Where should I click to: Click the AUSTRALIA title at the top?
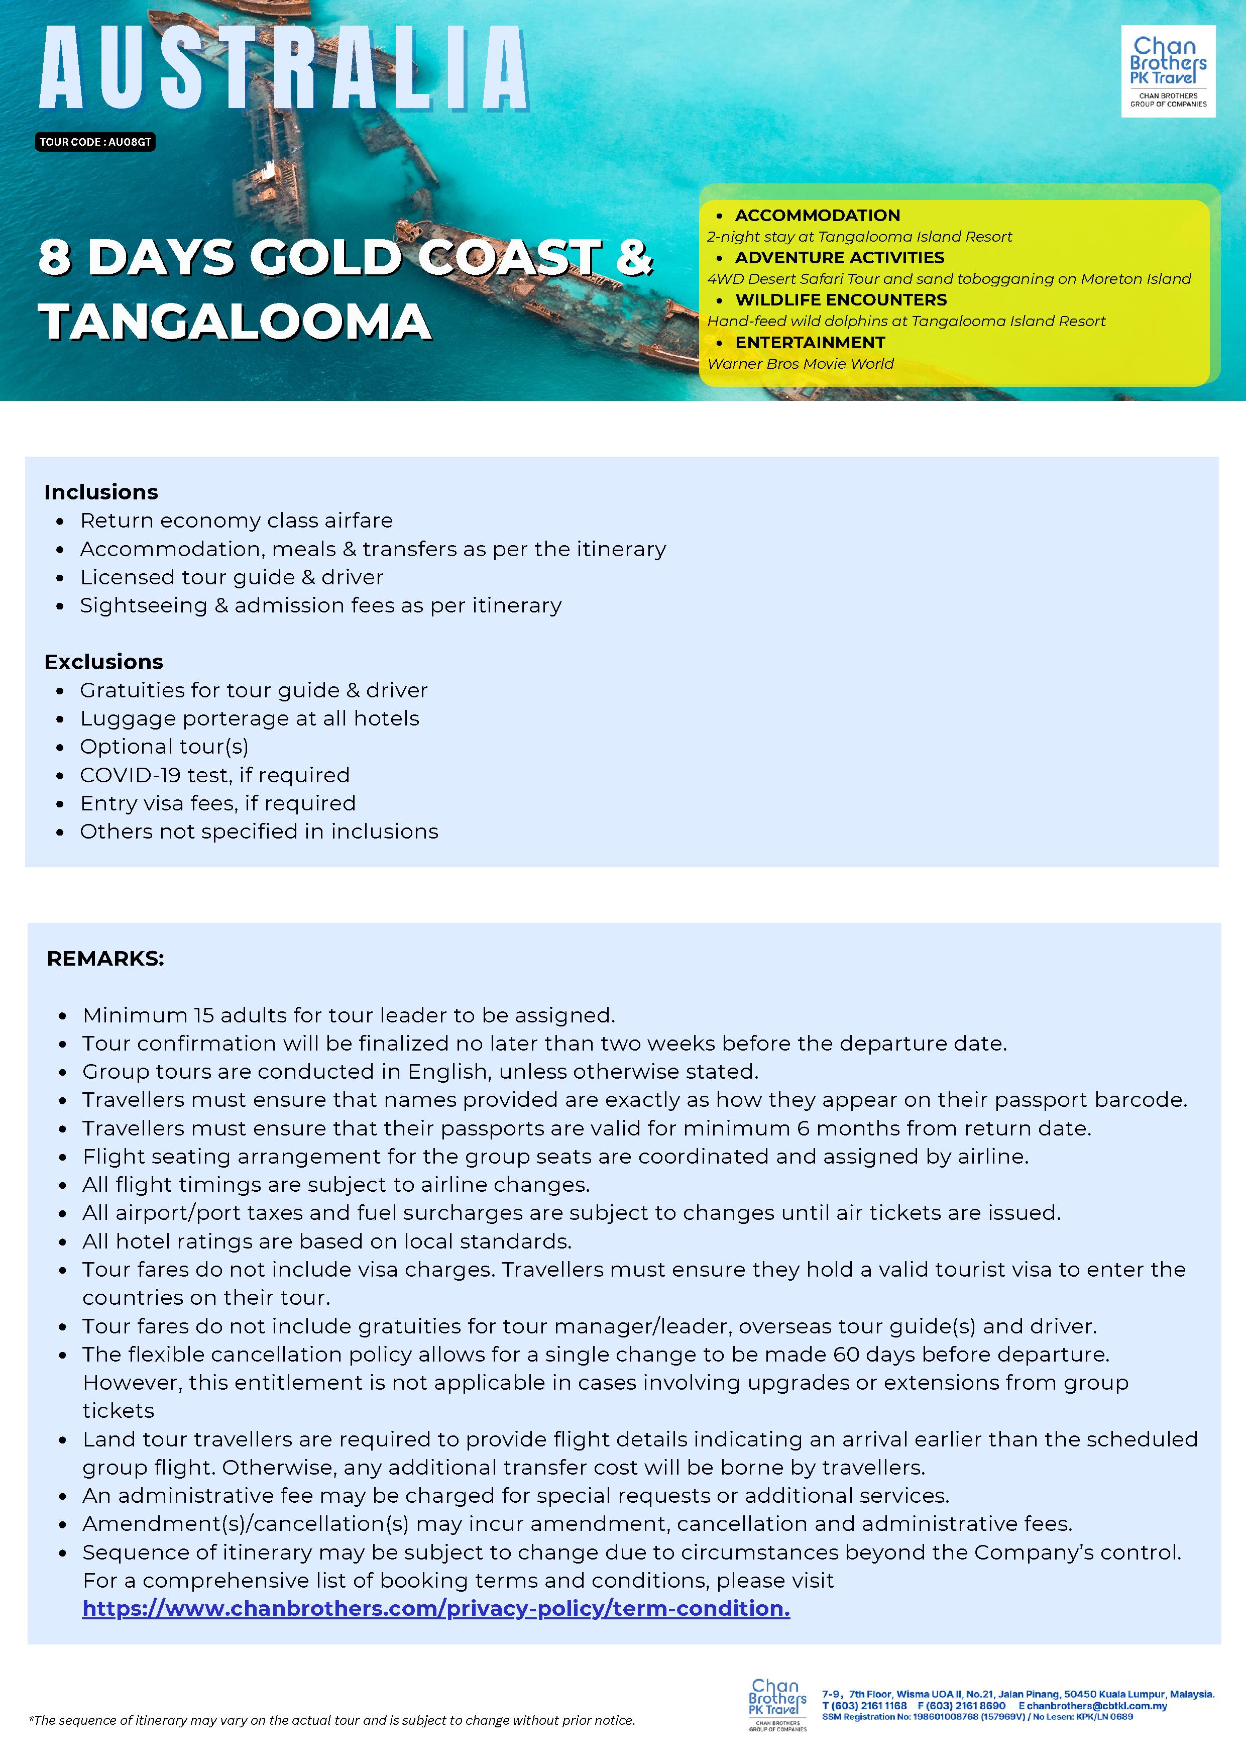(284, 69)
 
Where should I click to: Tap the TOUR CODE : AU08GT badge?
(95, 142)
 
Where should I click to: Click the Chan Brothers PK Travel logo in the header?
(1168, 71)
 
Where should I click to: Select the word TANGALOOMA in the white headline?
(235, 321)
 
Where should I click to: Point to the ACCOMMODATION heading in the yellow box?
(817, 216)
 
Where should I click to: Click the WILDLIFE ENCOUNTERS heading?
(841, 300)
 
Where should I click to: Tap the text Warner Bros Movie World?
(801, 364)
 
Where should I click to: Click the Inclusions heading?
(100, 492)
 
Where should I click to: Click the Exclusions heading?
(103, 662)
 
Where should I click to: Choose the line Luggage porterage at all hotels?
(250, 718)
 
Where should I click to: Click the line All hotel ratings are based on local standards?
(327, 1241)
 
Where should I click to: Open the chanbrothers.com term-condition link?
(436, 1609)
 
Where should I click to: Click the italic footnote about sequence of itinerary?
(331, 1721)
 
